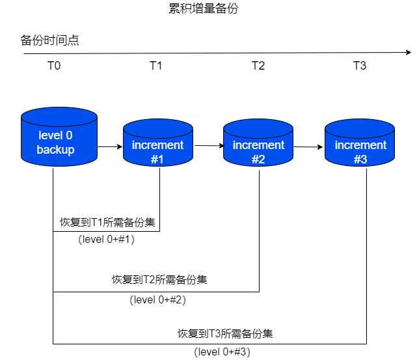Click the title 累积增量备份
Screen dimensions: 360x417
208,9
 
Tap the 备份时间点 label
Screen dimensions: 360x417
50,40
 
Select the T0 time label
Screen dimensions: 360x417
54,66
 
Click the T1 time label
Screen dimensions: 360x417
156,66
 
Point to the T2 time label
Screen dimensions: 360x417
258,66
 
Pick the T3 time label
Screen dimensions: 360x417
360,66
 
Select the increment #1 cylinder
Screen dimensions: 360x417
158,146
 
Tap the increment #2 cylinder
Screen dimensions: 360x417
258,146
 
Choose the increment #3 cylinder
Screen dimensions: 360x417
360,146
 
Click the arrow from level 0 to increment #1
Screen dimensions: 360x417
110,146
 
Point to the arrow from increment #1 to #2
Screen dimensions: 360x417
208,146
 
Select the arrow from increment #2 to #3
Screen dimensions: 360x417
308,146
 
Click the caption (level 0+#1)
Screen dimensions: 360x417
106,240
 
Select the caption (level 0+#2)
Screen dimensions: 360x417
159,299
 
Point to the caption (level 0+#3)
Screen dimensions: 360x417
222,352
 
